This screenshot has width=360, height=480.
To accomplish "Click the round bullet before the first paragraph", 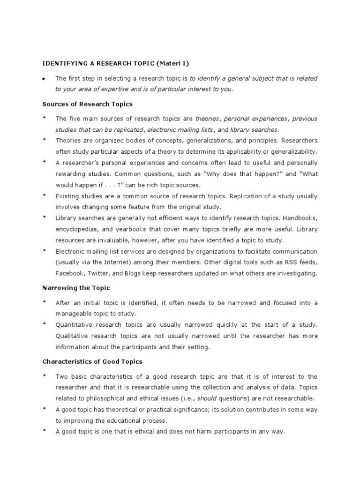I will (x=44, y=79).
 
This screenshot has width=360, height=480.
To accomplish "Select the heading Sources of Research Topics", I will (x=87, y=104).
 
